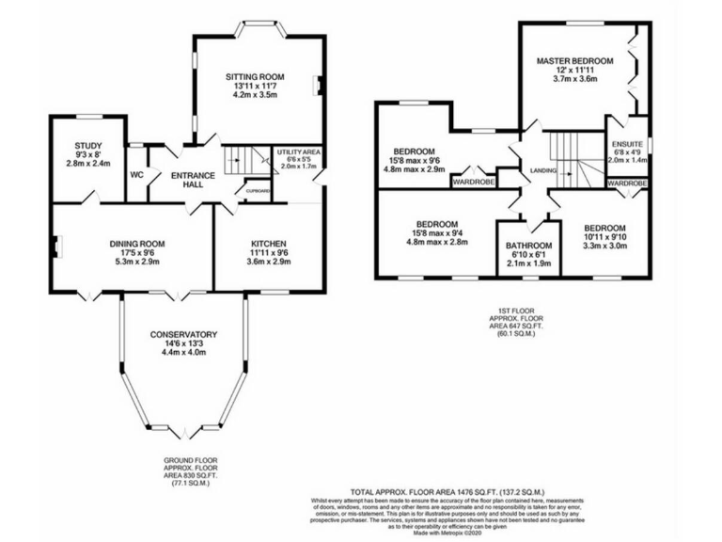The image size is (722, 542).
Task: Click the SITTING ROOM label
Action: (255, 77)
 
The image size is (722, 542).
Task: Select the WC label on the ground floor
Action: (136, 174)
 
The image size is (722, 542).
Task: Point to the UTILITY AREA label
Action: (298, 151)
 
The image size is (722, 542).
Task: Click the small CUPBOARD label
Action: (258, 191)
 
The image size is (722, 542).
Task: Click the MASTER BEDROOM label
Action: (574, 61)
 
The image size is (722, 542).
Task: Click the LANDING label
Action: (542, 171)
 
